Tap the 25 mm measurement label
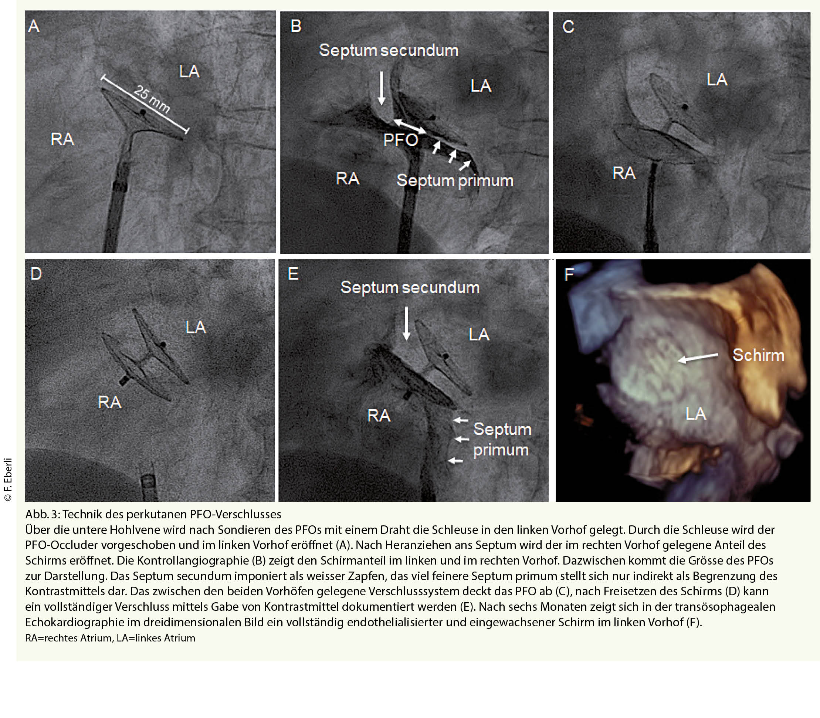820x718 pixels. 152,99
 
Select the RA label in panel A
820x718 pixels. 62,139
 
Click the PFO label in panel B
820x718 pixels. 401,140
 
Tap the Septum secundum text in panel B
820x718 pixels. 389,51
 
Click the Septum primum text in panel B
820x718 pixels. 455,181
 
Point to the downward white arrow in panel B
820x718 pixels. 382,88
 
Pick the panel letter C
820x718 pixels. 568,27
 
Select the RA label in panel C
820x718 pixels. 624,173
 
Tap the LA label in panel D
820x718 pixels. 196,327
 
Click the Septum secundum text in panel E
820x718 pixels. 410,288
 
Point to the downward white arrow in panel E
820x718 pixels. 406,324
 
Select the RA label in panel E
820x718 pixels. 379,416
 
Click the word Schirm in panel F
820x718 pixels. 758,355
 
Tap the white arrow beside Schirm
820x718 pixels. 698,358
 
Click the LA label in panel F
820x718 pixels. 695,413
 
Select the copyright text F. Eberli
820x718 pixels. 9,479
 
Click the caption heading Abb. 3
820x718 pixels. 43,514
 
